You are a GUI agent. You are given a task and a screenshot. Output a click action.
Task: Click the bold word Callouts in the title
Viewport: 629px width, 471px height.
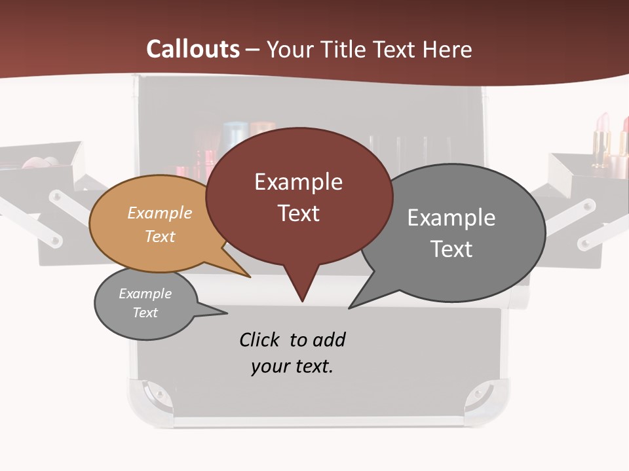click(x=193, y=49)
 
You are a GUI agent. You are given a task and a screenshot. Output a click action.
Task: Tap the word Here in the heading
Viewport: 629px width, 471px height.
click(x=448, y=49)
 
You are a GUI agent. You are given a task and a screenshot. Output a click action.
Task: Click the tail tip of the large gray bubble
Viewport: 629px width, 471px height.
click(x=350, y=307)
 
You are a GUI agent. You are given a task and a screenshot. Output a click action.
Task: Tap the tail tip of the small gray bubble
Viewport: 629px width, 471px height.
click(x=226, y=313)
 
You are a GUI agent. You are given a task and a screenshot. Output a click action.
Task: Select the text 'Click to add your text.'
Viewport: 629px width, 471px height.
click(x=292, y=353)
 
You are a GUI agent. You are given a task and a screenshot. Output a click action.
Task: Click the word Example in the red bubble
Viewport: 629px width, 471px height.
click(x=298, y=182)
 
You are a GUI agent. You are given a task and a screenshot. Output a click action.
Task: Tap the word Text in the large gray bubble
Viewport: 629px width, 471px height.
click(x=451, y=249)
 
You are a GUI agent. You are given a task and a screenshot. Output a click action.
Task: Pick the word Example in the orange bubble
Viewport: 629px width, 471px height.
click(x=160, y=213)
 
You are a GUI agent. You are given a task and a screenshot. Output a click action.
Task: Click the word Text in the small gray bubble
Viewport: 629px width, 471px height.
click(x=145, y=313)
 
